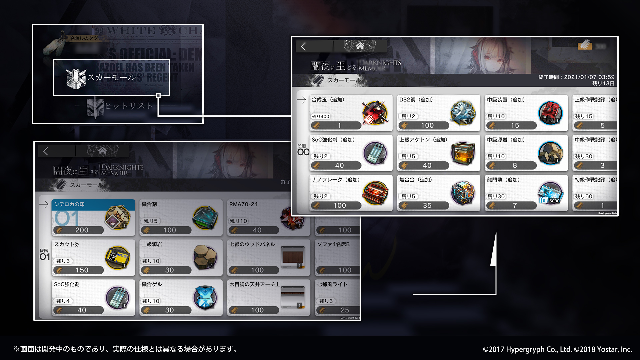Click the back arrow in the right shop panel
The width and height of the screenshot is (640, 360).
click(x=303, y=47)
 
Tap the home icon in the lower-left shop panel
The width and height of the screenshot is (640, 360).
click(x=102, y=151)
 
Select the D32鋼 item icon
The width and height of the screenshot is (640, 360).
click(x=463, y=112)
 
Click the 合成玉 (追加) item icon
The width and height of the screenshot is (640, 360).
click(x=375, y=112)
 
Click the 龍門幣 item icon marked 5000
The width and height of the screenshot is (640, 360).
click(x=550, y=193)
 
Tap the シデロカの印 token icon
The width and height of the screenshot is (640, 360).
click(x=117, y=217)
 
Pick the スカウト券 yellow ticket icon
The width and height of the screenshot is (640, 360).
click(x=117, y=258)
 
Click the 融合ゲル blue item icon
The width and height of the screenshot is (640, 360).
click(x=205, y=297)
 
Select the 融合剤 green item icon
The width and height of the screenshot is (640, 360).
click(x=205, y=217)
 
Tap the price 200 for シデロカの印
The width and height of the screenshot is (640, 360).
click(x=82, y=230)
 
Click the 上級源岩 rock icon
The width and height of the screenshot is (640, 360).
click(x=205, y=257)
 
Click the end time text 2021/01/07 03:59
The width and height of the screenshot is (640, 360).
click(x=589, y=77)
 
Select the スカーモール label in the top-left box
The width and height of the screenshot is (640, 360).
click(x=111, y=77)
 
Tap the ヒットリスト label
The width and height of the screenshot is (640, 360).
click(x=129, y=106)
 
